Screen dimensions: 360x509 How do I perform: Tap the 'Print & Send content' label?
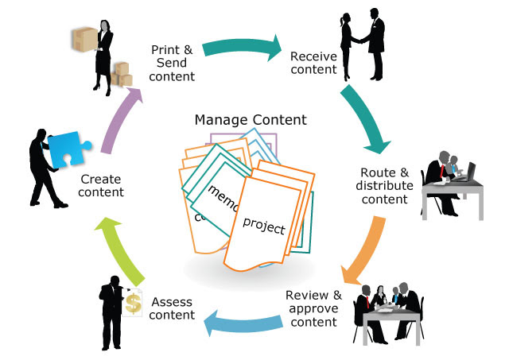(x=173, y=63)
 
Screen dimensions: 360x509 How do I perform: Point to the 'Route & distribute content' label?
(x=384, y=185)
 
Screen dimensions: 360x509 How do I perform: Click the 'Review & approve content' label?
(x=313, y=308)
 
